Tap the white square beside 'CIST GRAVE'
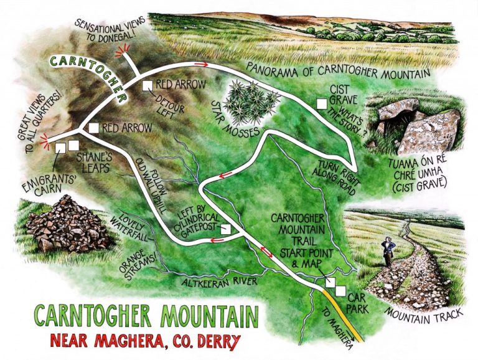click(x=321, y=104)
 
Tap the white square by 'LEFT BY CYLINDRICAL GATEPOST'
click(x=226, y=229)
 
